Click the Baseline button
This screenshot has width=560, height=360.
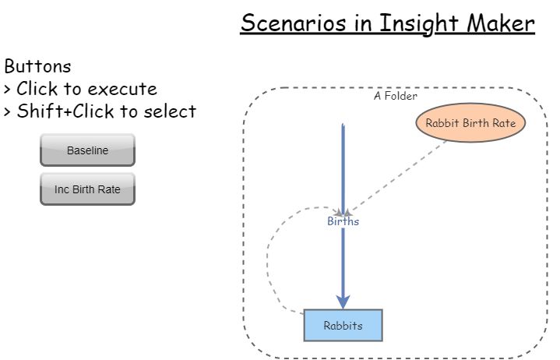pyautogui.click(x=87, y=150)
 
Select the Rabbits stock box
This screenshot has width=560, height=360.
pyautogui.click(x=343, y=326)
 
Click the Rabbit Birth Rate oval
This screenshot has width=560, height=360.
pyautogui.click(x=470, y=122)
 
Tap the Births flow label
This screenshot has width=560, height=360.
pyautogui.click(x=343, y=221)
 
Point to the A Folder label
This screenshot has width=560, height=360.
pyautogui.click(x=395, y=97)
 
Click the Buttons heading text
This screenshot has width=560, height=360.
pyautogui.click(x=37, y=65)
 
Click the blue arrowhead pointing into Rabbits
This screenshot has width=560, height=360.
pyautogui.click(x=343, y=302)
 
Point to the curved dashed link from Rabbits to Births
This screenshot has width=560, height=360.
pyautogui.click(x=269, y=257)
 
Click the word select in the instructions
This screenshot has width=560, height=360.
pyautogui.click(x=169, y=111)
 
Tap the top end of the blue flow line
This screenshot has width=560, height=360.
pyautogui.click(x=343, y=125)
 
